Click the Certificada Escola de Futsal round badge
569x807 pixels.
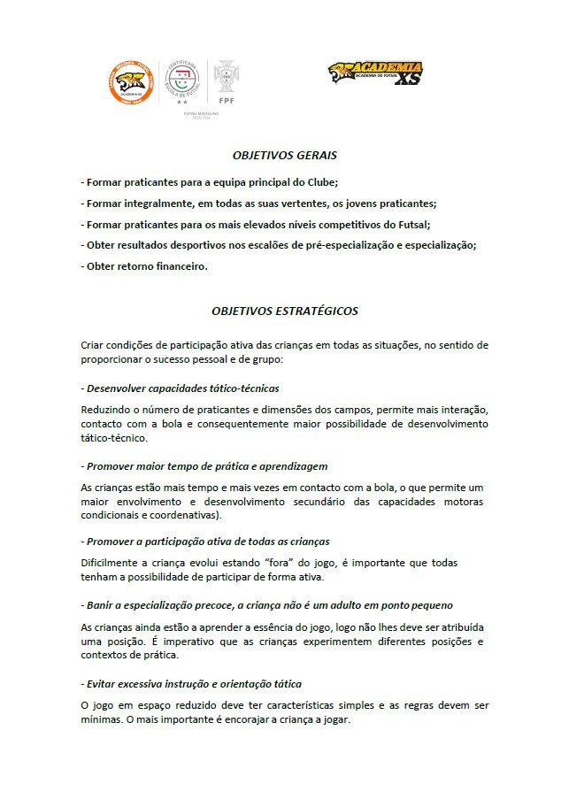click(x=181, y=82)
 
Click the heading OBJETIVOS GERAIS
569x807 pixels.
click(x=284, y=155)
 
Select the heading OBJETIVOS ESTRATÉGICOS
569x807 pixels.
click(x=284, y=311)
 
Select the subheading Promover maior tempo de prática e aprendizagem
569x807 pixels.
click(x=207, y=465)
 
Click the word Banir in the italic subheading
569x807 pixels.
click(x=101, y=605)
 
